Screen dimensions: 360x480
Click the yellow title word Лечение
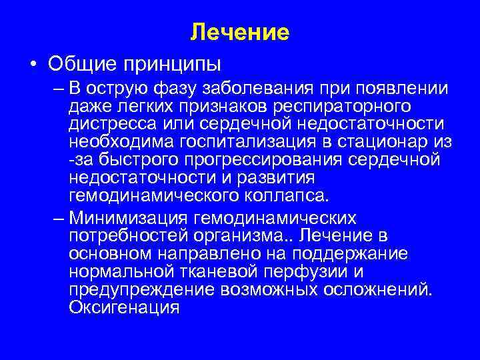click(x=240, y=32)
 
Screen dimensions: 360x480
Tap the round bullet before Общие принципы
click(x=33, y=65)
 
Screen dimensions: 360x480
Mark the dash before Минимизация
click(x=55, y=218)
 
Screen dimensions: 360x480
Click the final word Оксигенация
click(x=124, y=307)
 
